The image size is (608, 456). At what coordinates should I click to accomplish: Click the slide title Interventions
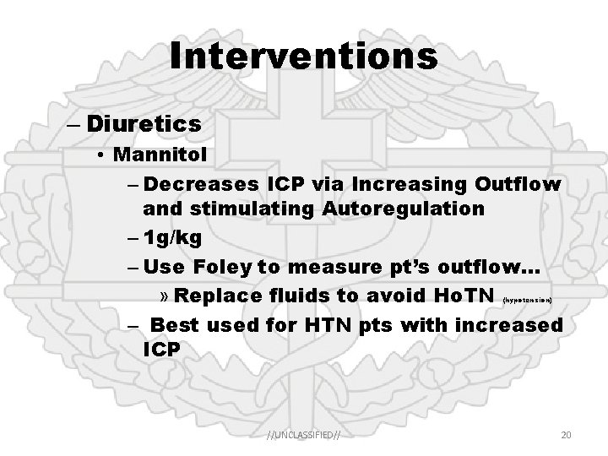pos(303,57)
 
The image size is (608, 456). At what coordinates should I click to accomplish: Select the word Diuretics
pos(143,124)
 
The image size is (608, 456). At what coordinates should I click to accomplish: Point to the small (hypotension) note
pos(528,300)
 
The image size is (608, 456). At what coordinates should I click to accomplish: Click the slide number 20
pos(567,435)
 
